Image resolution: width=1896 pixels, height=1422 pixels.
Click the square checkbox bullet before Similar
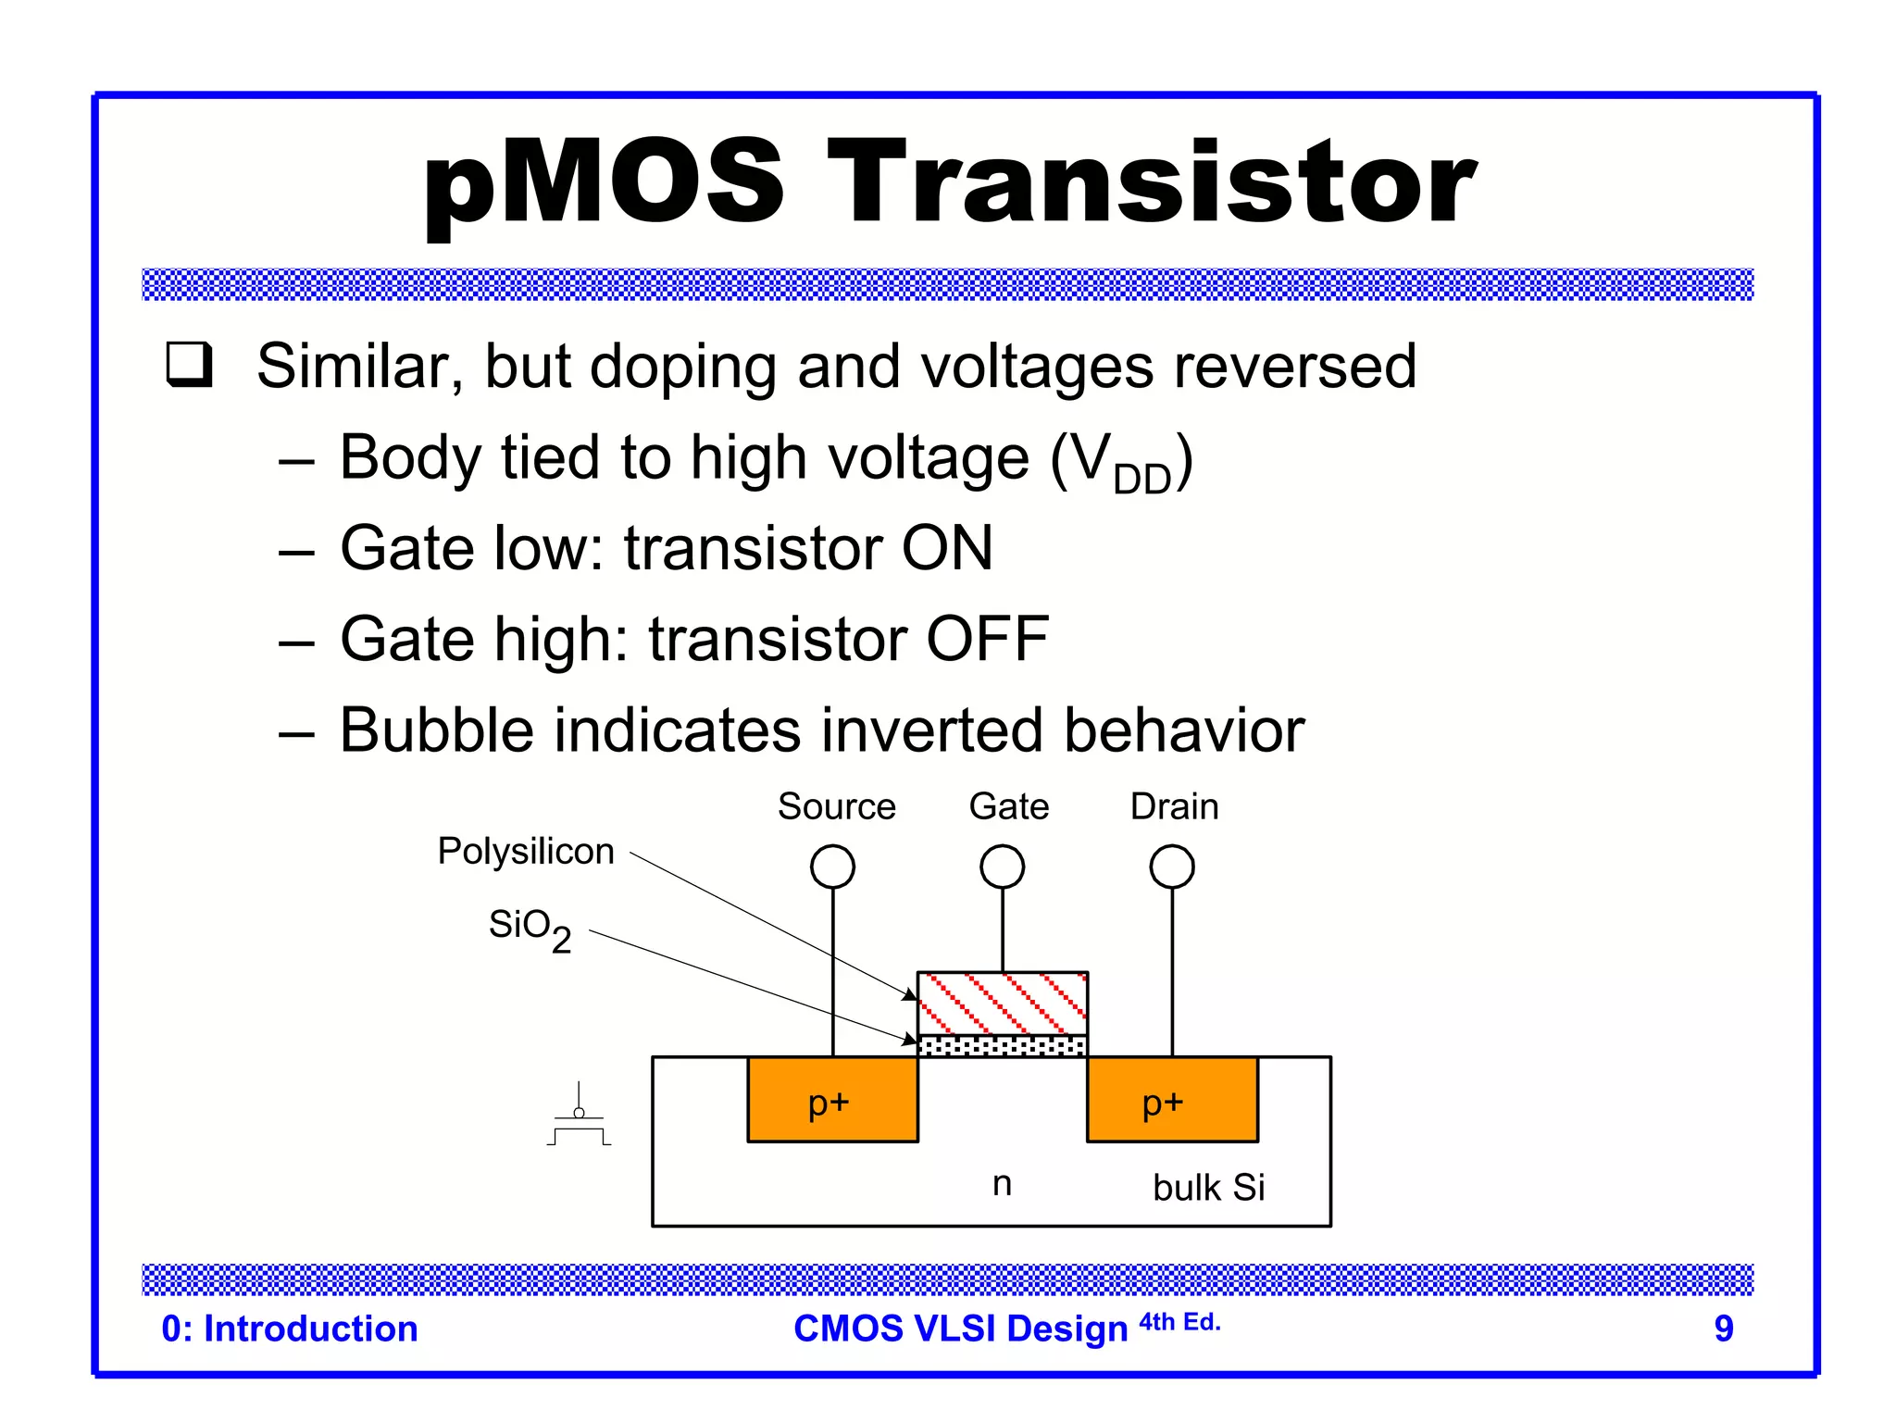(190, 365)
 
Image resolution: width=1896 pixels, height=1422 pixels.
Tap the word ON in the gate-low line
(946, 548)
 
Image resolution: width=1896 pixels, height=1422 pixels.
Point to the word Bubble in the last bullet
(436, 730)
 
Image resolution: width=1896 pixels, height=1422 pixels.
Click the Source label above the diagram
(836, 806)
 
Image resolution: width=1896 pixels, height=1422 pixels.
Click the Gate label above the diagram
(1008, 806)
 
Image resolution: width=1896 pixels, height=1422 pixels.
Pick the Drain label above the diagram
(1174, 806)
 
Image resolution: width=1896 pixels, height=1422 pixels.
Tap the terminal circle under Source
(832, 867)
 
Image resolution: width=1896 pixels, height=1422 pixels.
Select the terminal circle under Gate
(1002, 867)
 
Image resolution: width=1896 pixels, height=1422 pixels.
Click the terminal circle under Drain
(1172, 867)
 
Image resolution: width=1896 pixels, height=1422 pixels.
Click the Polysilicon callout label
(526, 851)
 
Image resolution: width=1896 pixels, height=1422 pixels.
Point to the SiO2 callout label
(530, 928)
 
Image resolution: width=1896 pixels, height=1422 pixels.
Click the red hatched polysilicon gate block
(1002, 1003)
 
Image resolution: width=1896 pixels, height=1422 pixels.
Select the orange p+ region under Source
(832, 1100)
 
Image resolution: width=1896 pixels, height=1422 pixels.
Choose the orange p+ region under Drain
(1172, 1100)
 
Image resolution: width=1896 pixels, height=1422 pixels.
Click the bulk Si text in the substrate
(1208, 1188)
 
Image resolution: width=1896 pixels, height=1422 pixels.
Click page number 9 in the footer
(1723, 1328)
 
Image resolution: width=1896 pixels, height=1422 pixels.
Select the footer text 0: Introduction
(290, 1328)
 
